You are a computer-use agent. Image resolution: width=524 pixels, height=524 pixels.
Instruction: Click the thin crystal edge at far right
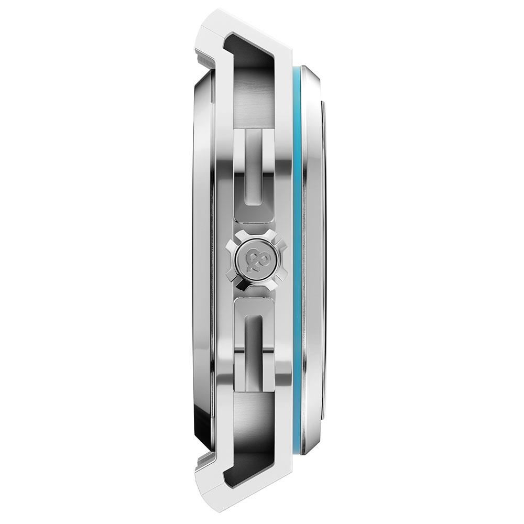pos(325,262)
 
